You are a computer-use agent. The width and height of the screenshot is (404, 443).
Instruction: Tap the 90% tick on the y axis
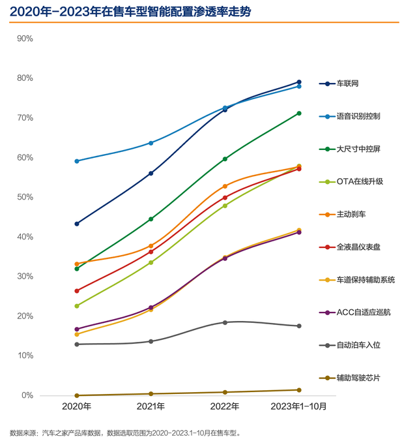click(25, 38)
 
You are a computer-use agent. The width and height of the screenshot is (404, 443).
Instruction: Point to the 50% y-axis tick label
click(25, 197)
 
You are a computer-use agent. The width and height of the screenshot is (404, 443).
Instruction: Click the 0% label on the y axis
click(27, 395)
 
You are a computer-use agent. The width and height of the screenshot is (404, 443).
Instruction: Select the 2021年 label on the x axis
click(151, 406)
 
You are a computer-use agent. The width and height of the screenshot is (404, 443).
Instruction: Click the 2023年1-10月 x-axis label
click(298, 406)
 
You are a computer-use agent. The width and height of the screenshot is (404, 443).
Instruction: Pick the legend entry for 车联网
click(347, 84)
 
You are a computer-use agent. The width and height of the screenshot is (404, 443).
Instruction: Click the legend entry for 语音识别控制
click(358, 116)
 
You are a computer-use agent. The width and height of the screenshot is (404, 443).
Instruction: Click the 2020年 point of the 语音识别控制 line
click(77, 161)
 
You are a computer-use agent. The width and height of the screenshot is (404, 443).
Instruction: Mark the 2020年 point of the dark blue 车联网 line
click(77, 224)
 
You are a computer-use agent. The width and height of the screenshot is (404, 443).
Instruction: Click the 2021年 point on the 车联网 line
click(151, 174)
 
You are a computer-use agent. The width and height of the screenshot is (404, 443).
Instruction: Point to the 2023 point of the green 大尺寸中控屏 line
click(299, 114)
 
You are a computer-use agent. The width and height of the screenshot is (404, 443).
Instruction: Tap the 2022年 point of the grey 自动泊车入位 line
click(225, 322)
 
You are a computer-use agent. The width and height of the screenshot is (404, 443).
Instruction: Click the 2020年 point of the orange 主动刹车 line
click(77, 264)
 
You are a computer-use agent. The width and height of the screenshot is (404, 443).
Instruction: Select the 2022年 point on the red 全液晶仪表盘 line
click(225, 198)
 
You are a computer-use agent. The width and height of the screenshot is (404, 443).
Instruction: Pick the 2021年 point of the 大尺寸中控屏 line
click(151, 219)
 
